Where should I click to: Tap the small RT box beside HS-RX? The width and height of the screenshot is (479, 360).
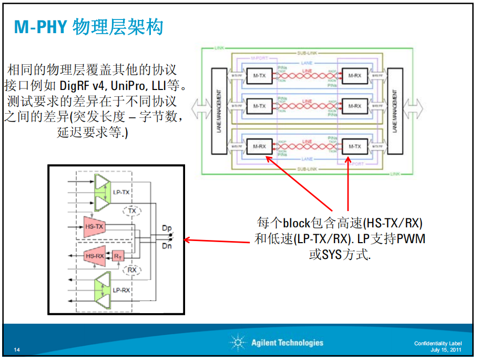[x=118, y=256]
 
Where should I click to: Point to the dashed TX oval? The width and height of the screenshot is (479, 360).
[x=132, y=211]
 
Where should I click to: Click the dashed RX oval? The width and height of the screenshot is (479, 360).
[x=132, y=270]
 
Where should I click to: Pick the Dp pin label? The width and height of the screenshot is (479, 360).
[x=167, y=228]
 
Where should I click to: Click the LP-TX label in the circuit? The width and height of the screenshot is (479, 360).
[x=121, y=193]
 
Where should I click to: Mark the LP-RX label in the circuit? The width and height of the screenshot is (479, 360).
[x=121, y=290]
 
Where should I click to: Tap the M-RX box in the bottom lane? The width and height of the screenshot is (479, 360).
[x=259, y=146]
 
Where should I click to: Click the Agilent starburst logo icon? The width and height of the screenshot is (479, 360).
[x=238, y=343]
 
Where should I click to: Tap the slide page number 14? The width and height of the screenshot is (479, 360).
[x=17, y=350]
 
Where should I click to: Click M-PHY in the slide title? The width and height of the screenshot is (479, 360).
[x=40, y=27]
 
